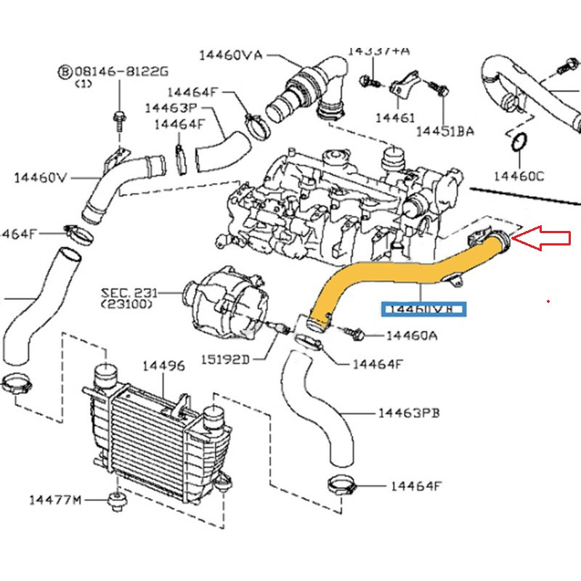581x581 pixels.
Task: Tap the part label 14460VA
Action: pos(230,55)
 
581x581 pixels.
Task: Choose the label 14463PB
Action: pos(409,413)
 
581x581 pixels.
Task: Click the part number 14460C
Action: pos(519,175)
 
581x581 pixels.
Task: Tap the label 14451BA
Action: pos(444,131)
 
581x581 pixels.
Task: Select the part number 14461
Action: pos(394,117)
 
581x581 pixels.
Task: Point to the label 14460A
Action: pos(411,336)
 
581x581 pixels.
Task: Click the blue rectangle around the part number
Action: pos(426,309)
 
